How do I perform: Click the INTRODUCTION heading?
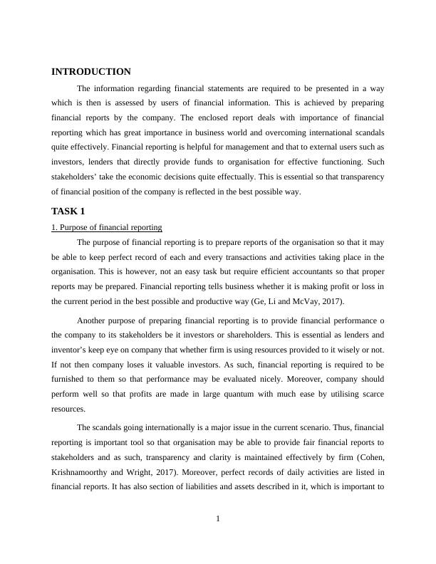click(x=91, y=72)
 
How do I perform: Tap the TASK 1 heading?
click(x=68, y=211)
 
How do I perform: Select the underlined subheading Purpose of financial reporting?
click(x=107, y=227)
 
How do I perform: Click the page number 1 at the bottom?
click(x=218, y=518)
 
